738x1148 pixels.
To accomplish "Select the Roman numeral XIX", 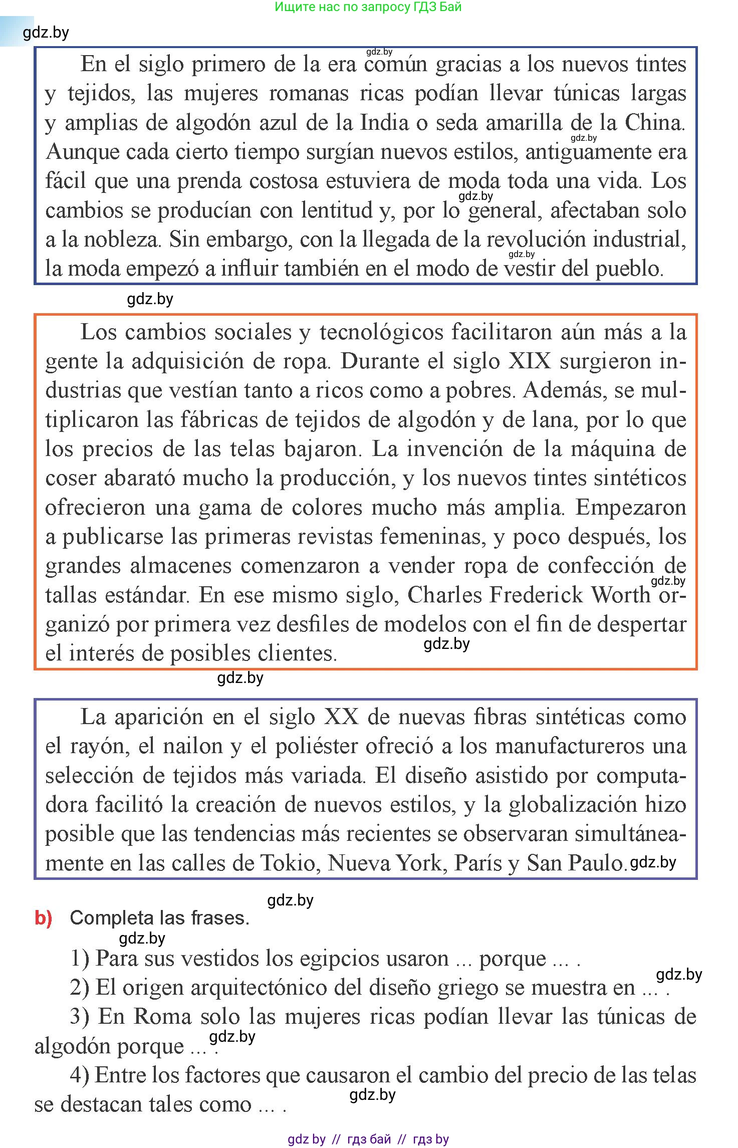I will click(530, 361).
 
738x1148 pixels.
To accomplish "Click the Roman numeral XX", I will click(342, 717).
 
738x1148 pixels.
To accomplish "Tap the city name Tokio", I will click(289, 863).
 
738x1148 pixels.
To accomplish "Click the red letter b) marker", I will click(44, 918).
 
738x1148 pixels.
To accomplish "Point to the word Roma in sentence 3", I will click(163, 1017).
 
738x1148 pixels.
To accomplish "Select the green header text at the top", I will click(368, 7).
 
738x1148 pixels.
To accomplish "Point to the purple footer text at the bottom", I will click(368, 1139).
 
